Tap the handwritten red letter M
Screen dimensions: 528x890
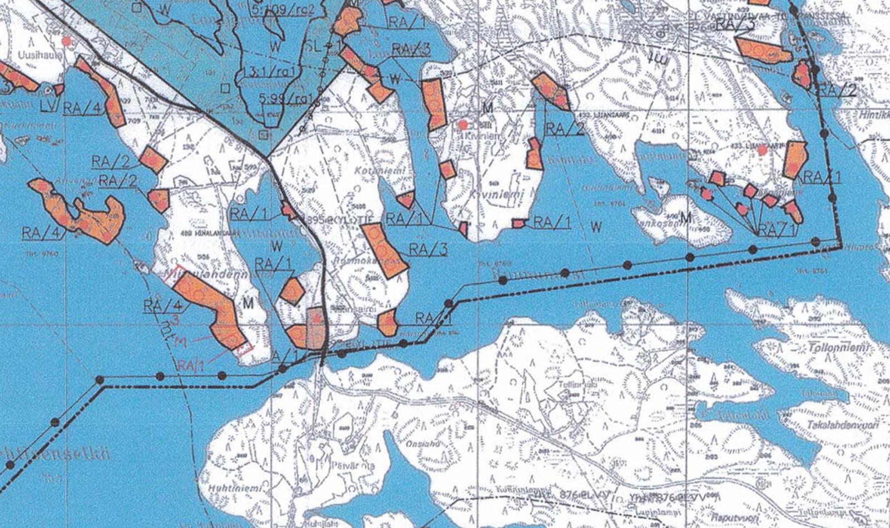(x=180, y=342)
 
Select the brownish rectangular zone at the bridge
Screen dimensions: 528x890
(x=316, y=328)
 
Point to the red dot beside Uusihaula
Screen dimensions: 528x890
(x=67, y=42)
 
